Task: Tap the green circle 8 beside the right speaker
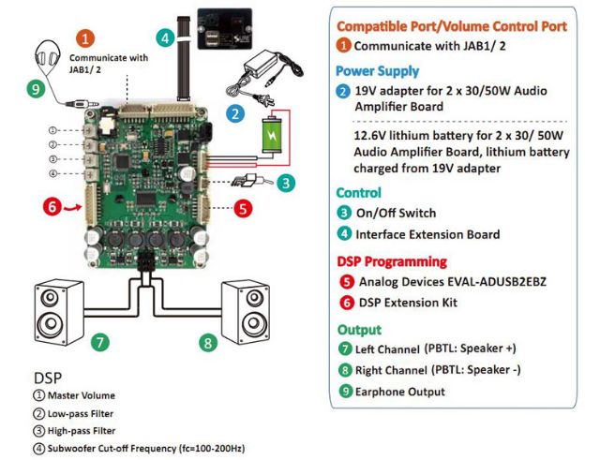click(208, 342)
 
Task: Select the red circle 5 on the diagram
click(242, 209)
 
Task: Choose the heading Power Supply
click(378, 70)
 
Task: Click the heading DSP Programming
click(392, 261)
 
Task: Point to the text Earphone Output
click(400, 392)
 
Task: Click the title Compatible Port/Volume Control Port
click(451, 25)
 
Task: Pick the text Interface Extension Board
click(427, 234)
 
